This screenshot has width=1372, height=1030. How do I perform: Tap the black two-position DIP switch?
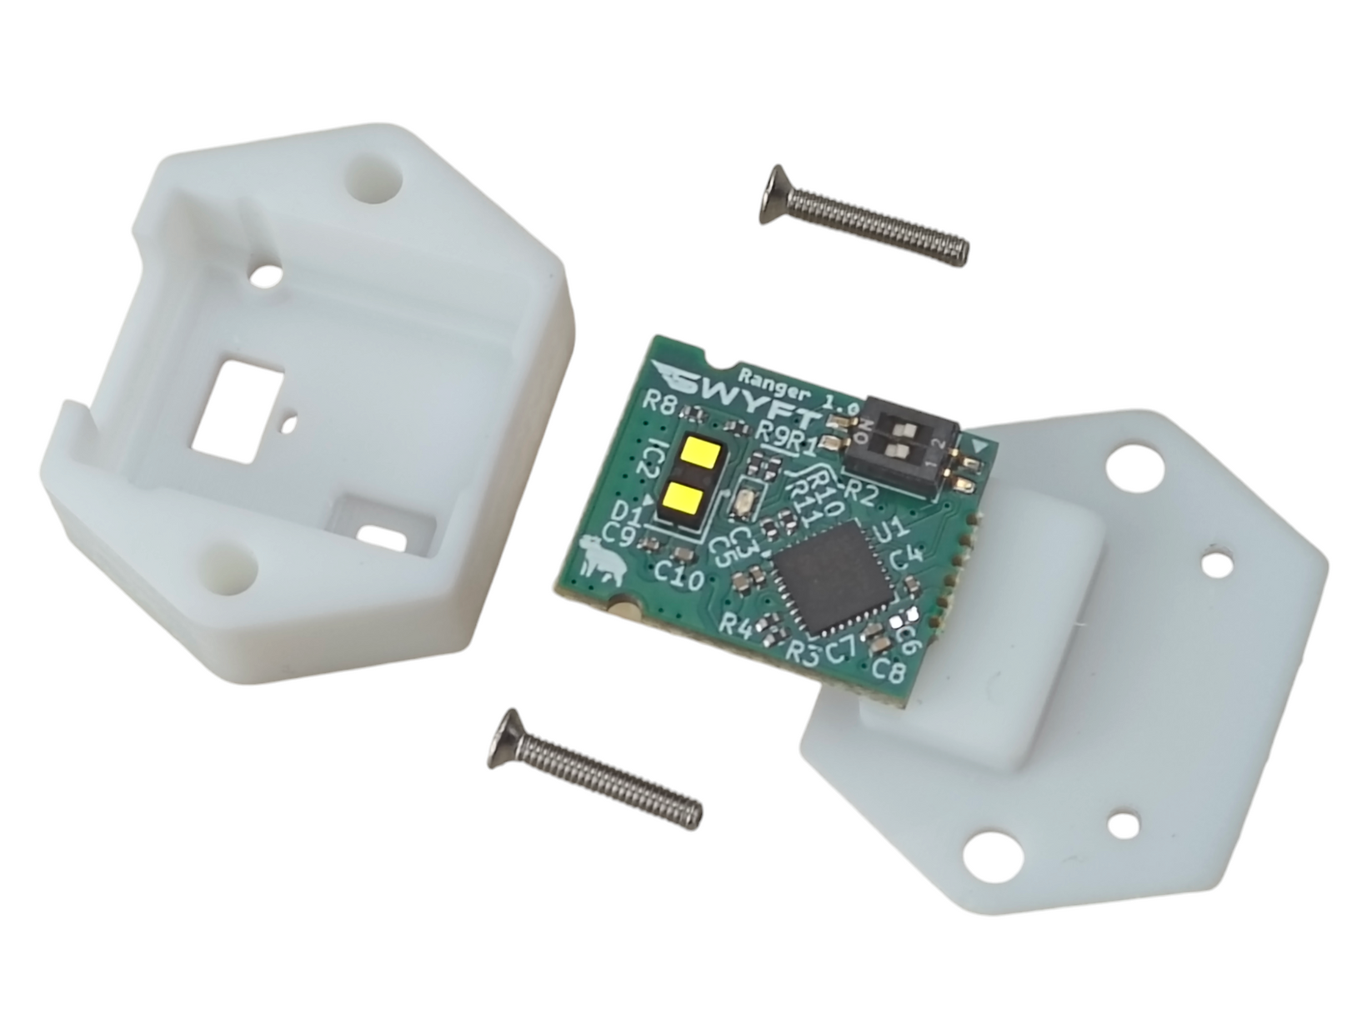pos(906,446)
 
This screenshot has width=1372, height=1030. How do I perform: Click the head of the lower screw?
pos(505,739)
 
